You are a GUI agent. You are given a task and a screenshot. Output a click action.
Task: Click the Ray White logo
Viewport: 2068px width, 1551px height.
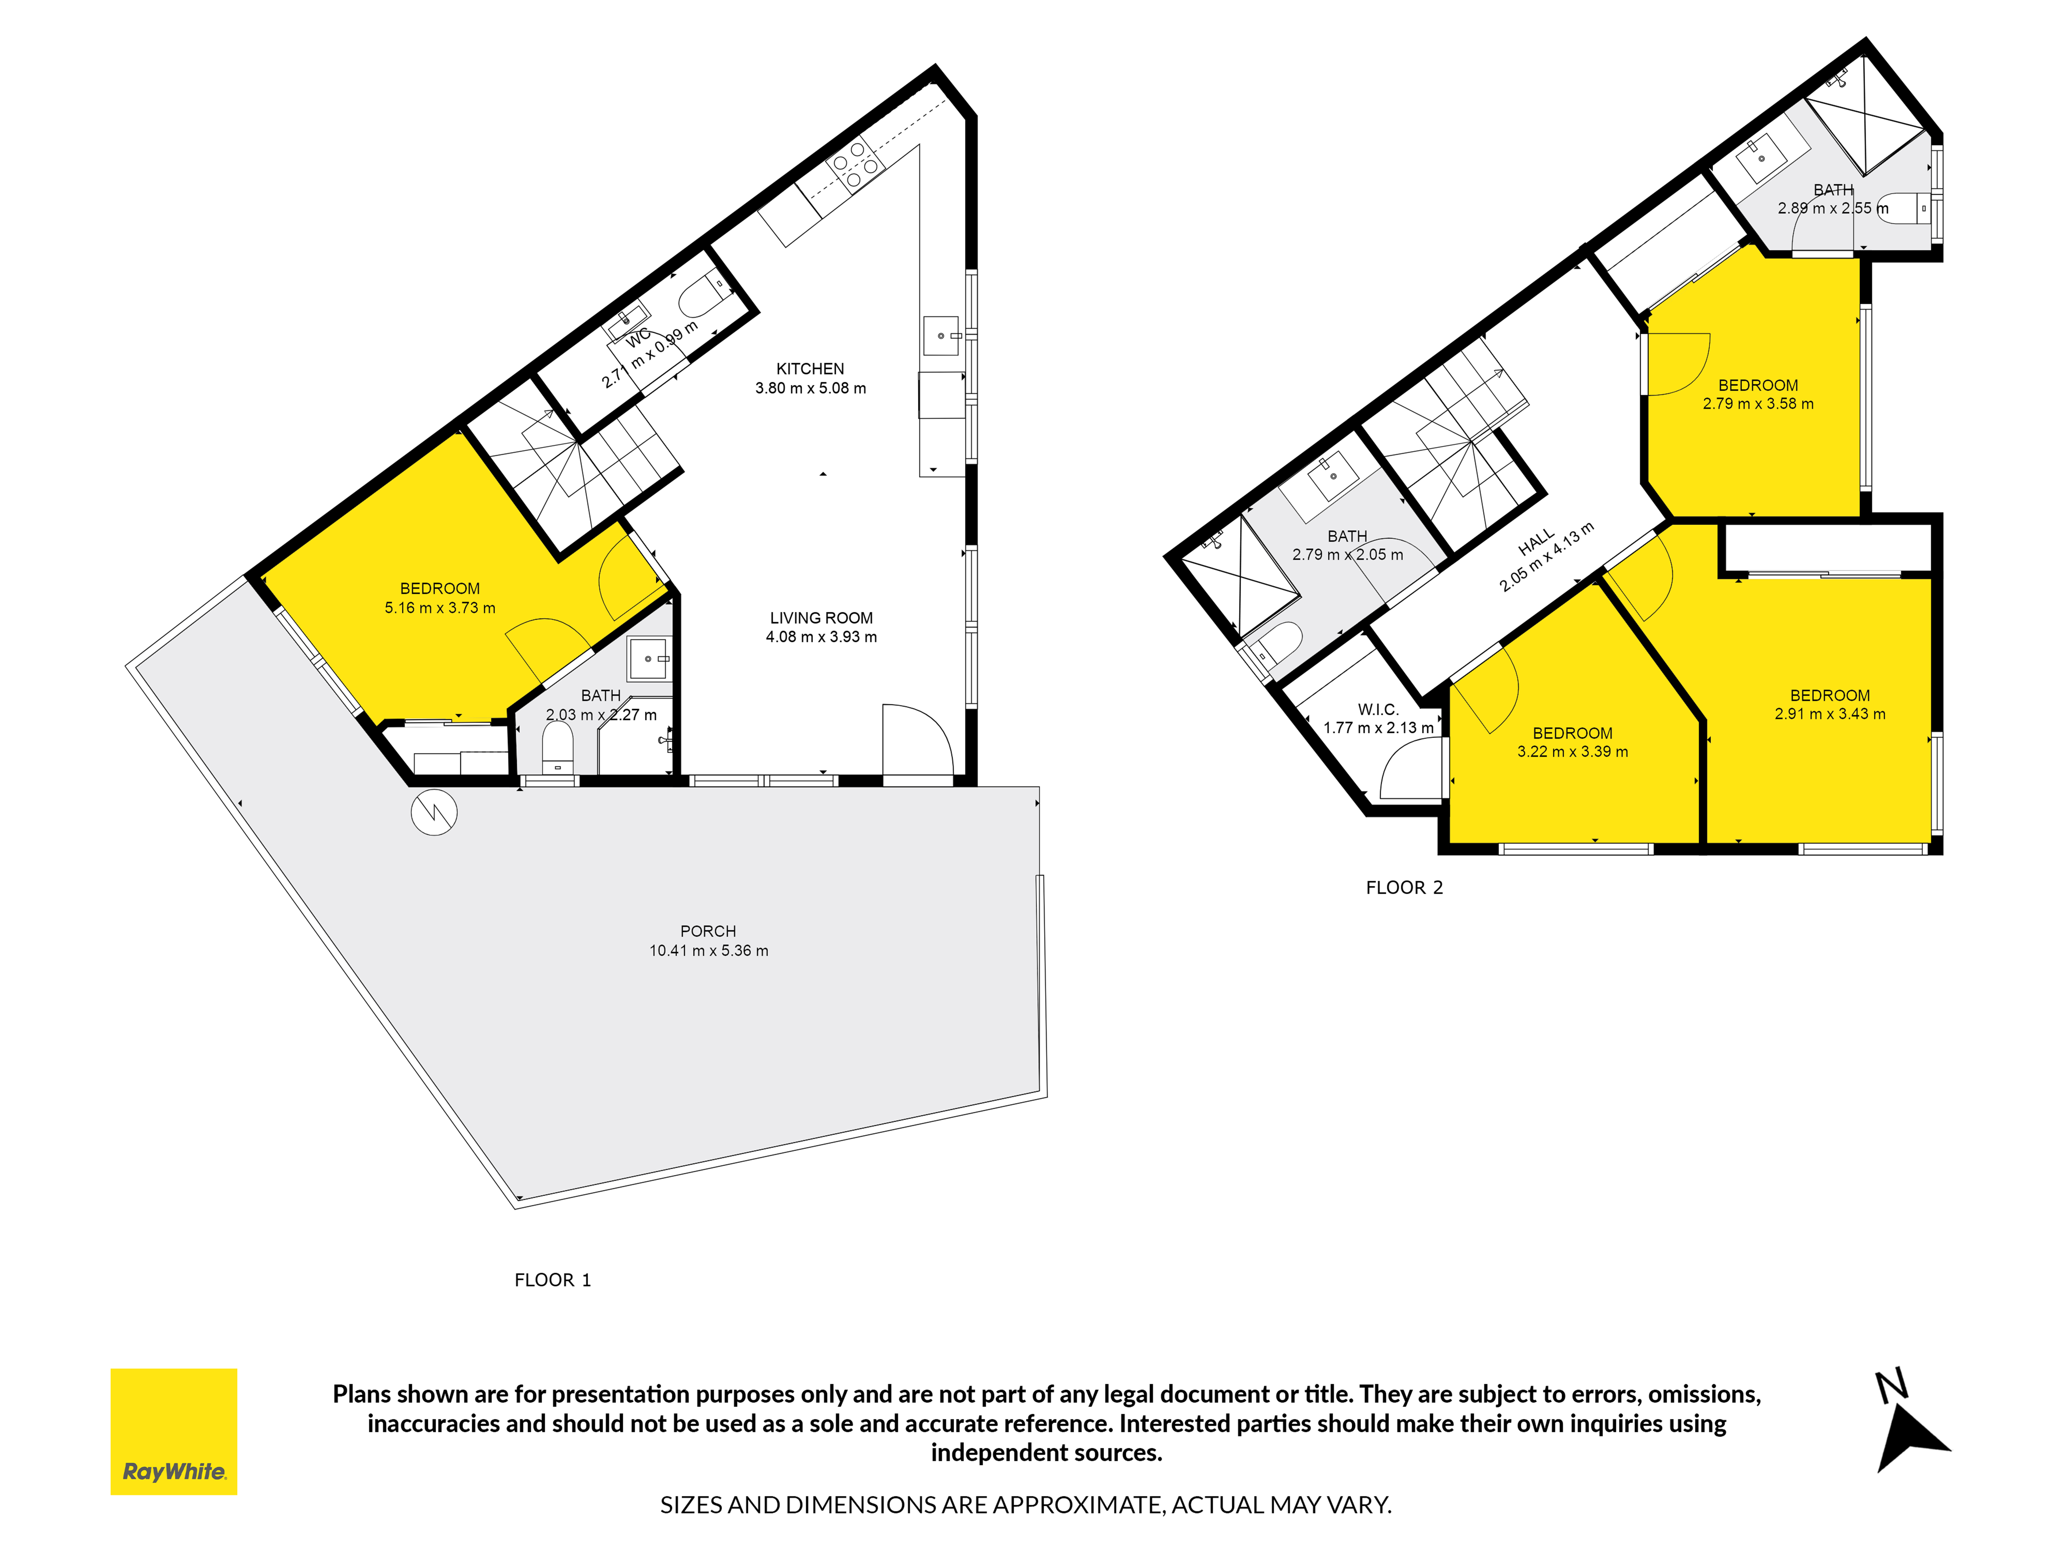(174, 1431)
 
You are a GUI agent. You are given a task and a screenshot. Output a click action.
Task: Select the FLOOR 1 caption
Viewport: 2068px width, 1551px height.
(552, 1280)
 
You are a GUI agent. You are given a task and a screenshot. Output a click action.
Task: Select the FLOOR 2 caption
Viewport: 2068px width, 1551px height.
(1404, 887)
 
